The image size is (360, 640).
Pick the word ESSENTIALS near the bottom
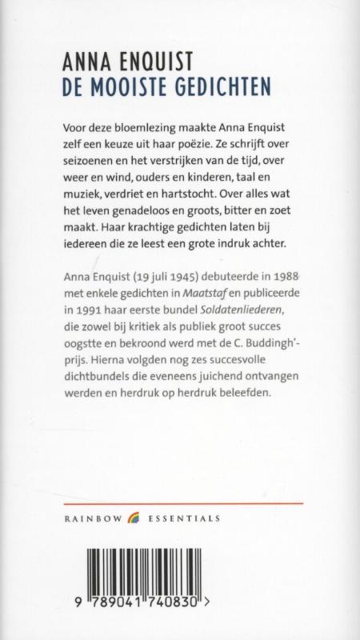pos(183,519)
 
